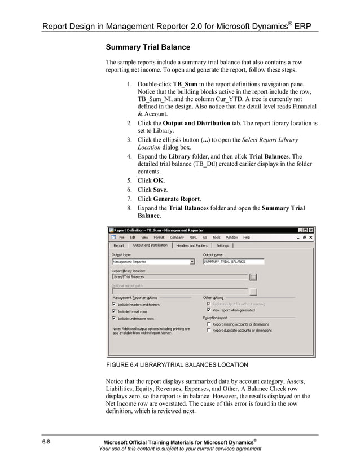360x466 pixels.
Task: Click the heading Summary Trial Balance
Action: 148,47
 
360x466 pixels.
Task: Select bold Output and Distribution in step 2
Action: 196,123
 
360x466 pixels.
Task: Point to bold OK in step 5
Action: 159,181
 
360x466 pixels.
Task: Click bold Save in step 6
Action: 160,190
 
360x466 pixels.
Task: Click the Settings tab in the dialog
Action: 222,245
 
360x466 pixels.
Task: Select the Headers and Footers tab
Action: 191,245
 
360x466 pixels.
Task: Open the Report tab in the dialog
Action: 118,245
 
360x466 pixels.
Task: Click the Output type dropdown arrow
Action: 192,262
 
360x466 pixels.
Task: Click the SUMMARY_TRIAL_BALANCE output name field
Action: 232,262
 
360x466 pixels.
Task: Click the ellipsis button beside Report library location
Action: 253,277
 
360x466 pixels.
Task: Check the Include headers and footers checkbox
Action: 114,304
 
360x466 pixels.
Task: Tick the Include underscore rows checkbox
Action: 114,318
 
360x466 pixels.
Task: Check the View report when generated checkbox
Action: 209,310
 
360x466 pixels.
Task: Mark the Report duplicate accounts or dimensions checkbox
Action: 209,331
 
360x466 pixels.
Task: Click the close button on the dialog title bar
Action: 311,230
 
